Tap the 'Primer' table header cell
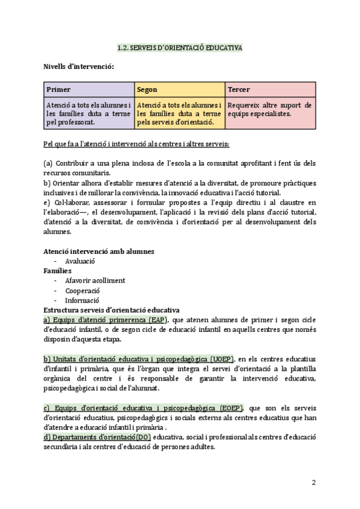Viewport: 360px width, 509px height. point(58,89)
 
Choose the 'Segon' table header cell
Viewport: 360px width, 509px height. point(147,89)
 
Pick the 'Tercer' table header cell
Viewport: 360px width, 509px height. point(239,89)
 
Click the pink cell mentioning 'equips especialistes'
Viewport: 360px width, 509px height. point(269,109)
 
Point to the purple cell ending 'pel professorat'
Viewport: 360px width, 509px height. point(88,113)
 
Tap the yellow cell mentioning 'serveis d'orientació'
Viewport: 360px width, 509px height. point(179,113)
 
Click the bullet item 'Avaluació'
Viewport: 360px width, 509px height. point(80,261)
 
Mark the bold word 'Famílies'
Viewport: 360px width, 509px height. point(58,271)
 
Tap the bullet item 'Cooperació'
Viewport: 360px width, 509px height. point(83,291)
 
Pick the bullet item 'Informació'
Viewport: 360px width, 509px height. point(82,300)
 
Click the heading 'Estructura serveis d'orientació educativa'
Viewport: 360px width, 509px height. point(112,310)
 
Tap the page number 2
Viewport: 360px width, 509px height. point(314,483)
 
